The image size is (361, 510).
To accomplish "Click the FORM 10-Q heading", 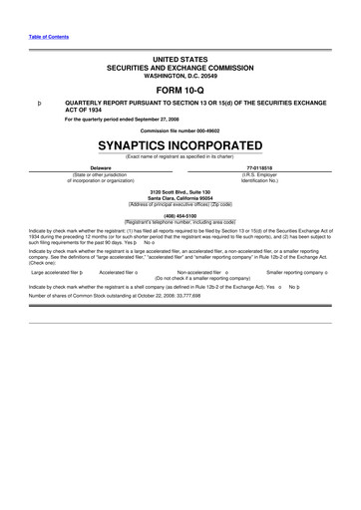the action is coord(180,91).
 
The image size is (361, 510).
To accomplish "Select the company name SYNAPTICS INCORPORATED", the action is coord(180,143).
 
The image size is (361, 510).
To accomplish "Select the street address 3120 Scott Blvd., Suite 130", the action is coord(180,190).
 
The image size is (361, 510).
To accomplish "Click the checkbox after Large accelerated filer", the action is coord(82,271).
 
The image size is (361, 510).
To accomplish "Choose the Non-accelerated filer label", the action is coord(198,271).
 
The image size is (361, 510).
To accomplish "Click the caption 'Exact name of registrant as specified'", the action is coord(180,154).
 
